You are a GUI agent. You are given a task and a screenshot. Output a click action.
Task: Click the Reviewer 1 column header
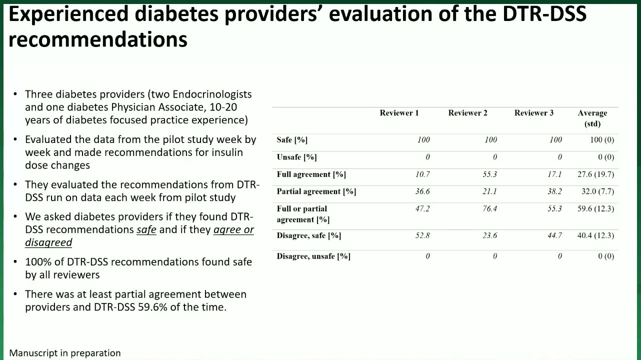click(x=399, y=113)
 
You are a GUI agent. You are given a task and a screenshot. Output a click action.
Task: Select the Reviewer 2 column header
click(x=467, y=113)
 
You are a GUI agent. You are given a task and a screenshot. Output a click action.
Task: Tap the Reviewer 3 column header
click(x=533, y=113)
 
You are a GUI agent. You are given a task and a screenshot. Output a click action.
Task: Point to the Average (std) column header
click(x=592, y=118)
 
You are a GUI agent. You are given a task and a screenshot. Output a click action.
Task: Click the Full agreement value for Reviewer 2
click(x=489, y=174)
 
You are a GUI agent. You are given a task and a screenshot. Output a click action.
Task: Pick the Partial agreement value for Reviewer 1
click(x=422, y=191)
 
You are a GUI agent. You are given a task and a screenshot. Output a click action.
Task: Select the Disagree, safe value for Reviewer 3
click(x=554, y=235)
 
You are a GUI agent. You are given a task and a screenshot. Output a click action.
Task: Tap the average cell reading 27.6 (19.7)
click(x=595, y=174)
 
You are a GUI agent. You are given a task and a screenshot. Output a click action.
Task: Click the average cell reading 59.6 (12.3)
click(x=595, y=208)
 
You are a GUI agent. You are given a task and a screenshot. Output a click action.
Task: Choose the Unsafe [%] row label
click(x=296, y=157)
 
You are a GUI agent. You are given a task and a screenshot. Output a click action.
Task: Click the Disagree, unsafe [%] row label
click(x=313, y=256)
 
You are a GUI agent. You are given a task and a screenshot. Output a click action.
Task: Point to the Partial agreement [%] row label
click(x=316, y=191)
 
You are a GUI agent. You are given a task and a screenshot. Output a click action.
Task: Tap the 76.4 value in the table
click(x=489, y=208)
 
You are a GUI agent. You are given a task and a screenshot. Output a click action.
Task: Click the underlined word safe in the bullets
click(x=146, y=230)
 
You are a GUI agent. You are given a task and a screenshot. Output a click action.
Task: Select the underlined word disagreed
click(x=48, y=242)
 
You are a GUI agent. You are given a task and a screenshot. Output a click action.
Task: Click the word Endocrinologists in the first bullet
click(x=212, y=94)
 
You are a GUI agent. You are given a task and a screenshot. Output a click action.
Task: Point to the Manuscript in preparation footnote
click(x=65, y=353)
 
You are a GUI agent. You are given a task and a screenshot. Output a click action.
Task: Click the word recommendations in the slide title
click(x=98, y=39)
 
